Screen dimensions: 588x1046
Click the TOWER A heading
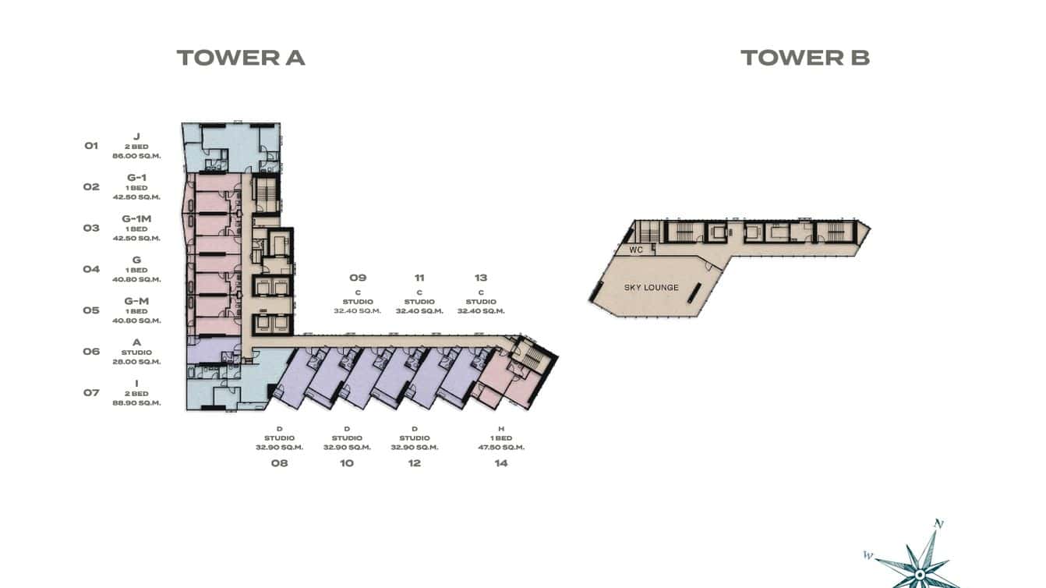[240, 58]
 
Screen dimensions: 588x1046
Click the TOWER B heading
[804, 58]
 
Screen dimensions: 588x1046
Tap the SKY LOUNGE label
[651, 288]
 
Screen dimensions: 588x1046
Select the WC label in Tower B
[636, 250]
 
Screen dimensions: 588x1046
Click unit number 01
[91, 146]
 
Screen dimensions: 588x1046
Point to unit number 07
[91, 393]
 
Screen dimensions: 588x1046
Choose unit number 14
[500, 463]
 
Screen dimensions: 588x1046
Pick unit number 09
[358, 278]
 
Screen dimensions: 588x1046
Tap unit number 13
[481, 278]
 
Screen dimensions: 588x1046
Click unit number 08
[279, 463]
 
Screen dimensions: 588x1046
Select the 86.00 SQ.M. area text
[136, 156]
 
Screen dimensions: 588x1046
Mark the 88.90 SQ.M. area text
[136, 403]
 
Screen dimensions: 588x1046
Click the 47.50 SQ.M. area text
[501, 448]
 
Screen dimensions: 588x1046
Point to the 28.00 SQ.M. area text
[136, 362]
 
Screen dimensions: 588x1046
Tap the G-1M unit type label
[136, 219]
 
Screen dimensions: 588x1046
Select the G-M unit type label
[136, 301]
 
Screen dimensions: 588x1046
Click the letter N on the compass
[939, 524]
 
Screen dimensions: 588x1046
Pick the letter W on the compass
[868, 555]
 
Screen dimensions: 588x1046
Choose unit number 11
[419, 278]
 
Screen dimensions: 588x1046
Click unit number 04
[91, 269]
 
